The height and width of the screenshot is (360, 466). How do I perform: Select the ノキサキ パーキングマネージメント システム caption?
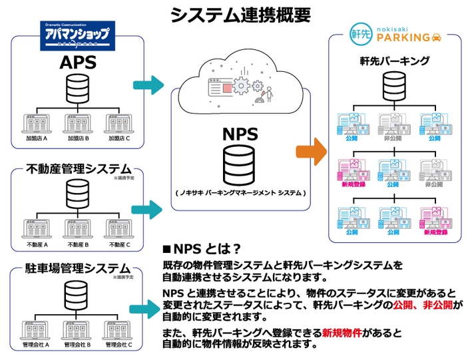click(x=240, y=193)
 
